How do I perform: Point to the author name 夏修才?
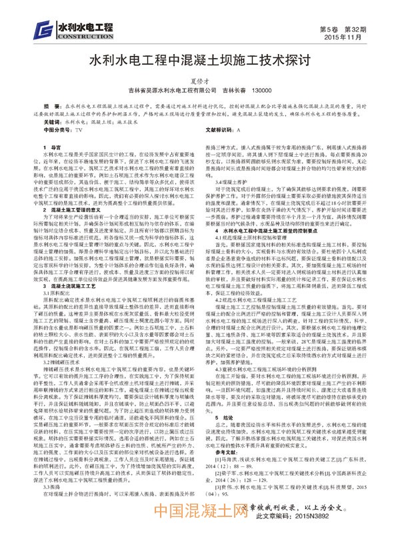point(199,80)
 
